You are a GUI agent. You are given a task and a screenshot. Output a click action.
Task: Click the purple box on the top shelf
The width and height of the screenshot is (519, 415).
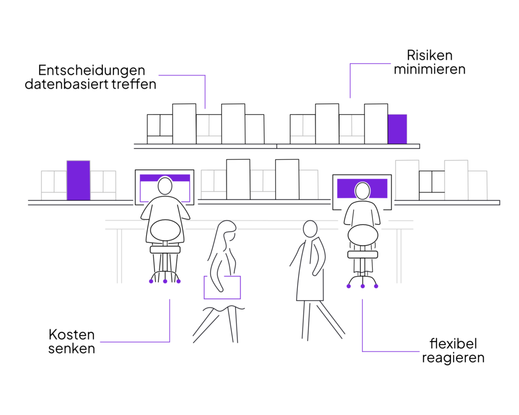(x=397, y=129)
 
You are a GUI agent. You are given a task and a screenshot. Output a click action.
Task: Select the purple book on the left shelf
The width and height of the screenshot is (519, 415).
(x=78, y=180)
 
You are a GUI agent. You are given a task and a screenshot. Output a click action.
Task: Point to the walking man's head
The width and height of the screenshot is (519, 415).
(x=310, y=229)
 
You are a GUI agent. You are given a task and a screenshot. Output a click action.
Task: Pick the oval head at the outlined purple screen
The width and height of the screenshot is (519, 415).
(x=165, y=186)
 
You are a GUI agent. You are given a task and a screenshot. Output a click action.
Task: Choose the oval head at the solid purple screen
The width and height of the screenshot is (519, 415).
(x=362, y=191)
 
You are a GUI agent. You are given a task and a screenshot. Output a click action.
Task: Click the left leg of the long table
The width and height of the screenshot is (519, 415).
(x=119, y=256)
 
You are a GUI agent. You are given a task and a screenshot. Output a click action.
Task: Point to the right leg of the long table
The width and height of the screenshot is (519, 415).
(x=399, y=256)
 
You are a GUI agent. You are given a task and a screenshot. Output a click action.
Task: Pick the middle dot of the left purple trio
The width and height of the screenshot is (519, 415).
(x=165, y=281)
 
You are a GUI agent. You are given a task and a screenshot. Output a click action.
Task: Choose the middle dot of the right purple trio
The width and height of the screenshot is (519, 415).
(x=362, y=286)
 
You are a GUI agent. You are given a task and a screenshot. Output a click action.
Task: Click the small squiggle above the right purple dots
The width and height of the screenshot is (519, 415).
(x=363, y=272)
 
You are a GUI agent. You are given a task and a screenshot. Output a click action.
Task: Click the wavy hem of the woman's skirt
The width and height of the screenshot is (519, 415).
(x=223, y=309)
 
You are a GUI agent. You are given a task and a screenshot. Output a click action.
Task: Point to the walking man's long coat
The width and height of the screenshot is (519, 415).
(x=310, y=279)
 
